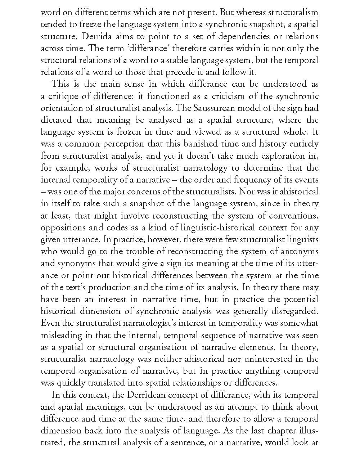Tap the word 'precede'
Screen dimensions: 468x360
click(x=179, y=72)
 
